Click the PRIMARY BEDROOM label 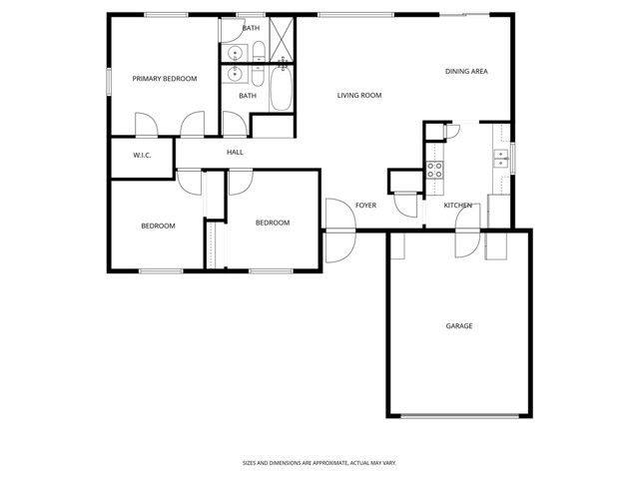pyautogui.click(x=165, y=78)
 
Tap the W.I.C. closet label pyautogui.click(x=141, y=155)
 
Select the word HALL pyautogui.click(x=235, y=152)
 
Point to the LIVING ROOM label pyautogui.click(x=359, y=95)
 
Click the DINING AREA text pyautogui.click(x=466, y=71)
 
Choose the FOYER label pyautogui.click(x=365, y=205)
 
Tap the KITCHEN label pyautogui.click(x=458, y=205)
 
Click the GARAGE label pyautogui.click(x=459, y=325)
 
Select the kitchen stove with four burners pyautogui.click(x=434, y=169)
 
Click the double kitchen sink pyautogui.click(x=499, y=157)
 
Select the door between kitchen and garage pyautogui.click(x=466, y=242)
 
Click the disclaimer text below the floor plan pyautogui.click(x=319, y=463)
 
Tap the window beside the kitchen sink pyautogui.click(x=512, y=157)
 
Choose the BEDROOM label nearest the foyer pyautogui.click(x=272, y=223)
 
